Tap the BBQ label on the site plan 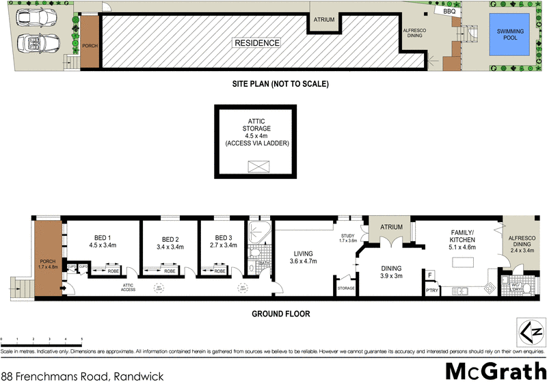(x=449, y=11)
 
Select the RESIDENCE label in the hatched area (x=257, y=43)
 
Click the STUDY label (x=349, y=236)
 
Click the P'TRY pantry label (x=431, y=290)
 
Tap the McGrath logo (x=493, y=370)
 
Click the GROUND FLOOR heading (x=280, y=314)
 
